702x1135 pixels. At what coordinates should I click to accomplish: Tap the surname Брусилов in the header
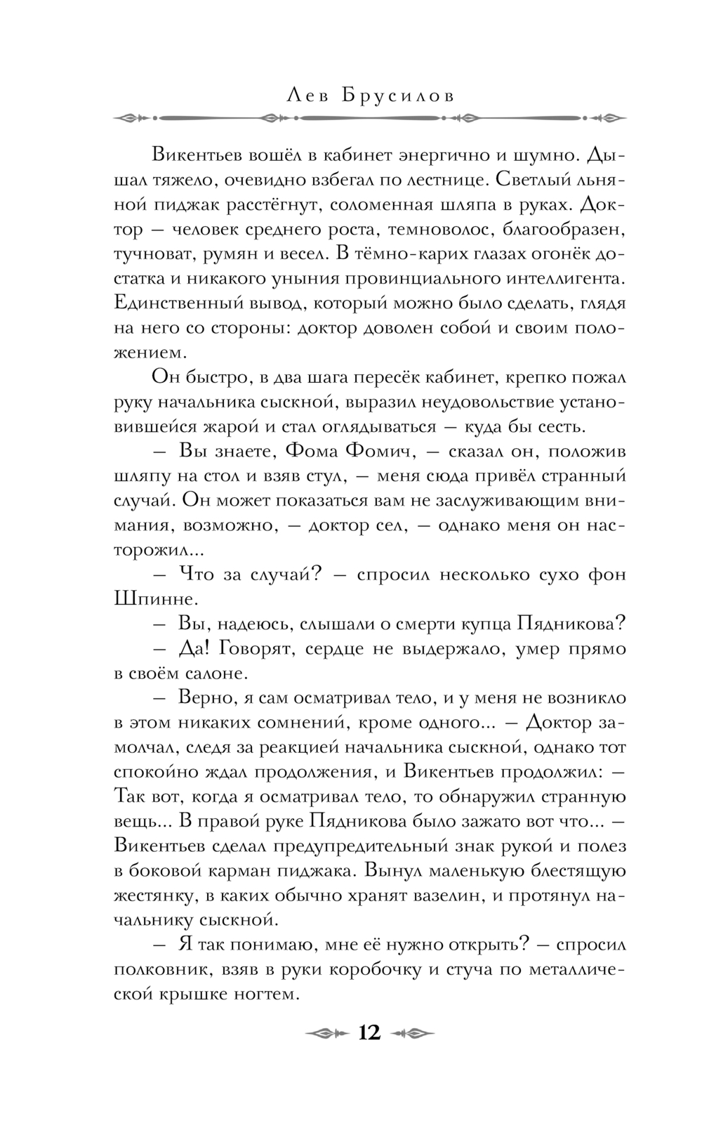tap(397, 96)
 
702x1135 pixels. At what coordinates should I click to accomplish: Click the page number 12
tap(369, 1032)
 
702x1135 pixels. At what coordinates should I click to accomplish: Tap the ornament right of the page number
tap(412, 1033)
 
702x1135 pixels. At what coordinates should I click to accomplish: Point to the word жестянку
tap(149, 896)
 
